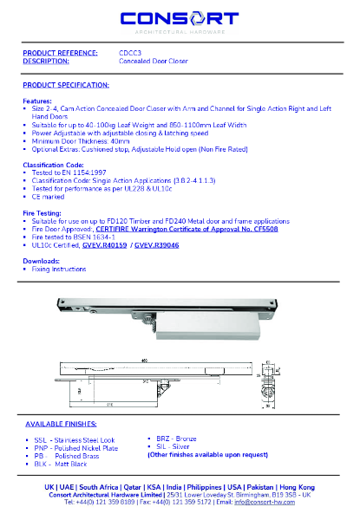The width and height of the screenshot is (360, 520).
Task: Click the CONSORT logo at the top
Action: click(180, 19)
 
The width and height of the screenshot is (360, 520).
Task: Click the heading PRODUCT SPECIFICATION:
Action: click(66, 85)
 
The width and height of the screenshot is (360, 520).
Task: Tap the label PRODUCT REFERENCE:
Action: click(58, 54)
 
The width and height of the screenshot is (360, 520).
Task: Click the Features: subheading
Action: click(36, 101)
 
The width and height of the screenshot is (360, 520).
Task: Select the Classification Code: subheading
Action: click(53, 164)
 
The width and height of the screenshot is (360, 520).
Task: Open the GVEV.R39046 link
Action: click(158, 245)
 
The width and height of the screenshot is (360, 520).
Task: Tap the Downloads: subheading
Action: click(41, 260)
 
